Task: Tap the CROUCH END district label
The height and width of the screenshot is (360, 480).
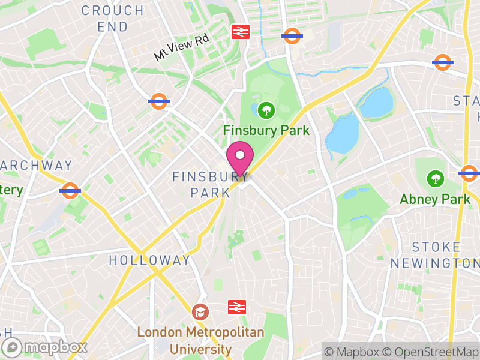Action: click(x=113, y=19)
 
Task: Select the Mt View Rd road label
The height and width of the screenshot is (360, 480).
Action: click(x=181, y=47)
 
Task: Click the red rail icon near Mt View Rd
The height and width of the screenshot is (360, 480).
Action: click(x=241, y=32)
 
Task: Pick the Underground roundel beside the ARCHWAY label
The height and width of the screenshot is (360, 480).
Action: click(x=70, y=191)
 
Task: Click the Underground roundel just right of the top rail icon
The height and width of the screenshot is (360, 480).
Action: click(x=292, y=36)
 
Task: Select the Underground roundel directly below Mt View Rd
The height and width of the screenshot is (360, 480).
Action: click(x=159, y=101)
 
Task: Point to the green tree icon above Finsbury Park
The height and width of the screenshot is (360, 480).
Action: click(x=265, y=110)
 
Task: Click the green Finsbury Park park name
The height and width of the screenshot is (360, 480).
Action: click(x=266, y=130)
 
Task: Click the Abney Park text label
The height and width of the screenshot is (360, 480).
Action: click(x=435, y=199)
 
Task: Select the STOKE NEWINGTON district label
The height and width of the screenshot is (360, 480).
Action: click(x=435, y=255)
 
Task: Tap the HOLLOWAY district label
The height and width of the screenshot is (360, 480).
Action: click(x=149, y=260)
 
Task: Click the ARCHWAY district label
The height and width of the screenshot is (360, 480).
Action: click(x=36, y=165)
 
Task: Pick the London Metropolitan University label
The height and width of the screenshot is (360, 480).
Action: click(x=200, y=340)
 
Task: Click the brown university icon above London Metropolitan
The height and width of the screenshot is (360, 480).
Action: click(x=200, y=312)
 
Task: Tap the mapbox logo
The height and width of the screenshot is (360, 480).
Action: click(x=45, y=347)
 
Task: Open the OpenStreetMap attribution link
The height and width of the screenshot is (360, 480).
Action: click(x=430, y=352)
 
